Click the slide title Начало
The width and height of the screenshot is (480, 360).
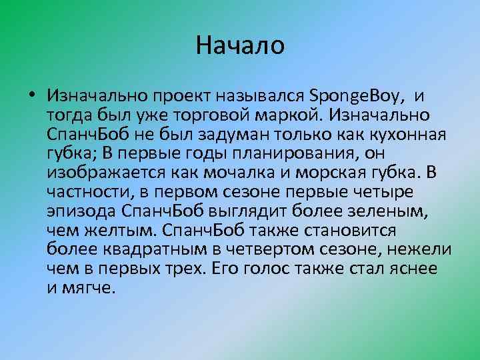click(240, 46)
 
